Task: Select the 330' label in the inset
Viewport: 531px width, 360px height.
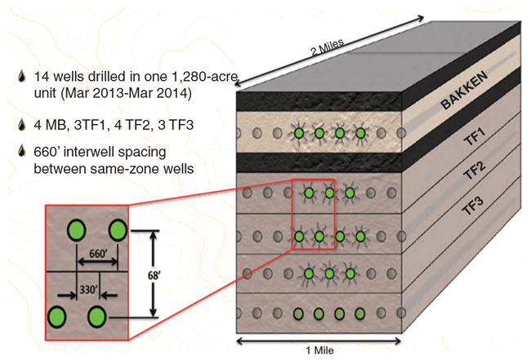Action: (87, 287)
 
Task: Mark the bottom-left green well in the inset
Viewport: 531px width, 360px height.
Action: (57, 314)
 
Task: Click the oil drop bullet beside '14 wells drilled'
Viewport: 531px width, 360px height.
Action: (21, 78)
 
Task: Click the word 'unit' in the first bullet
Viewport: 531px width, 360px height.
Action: (46, 94)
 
